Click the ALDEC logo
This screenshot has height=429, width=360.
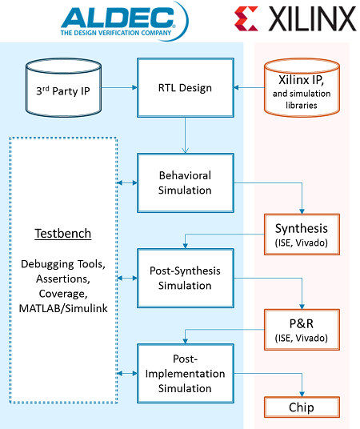[125, 21]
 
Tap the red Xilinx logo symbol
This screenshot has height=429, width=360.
[246, 19]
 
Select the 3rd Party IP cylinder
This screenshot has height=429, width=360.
[63, 87]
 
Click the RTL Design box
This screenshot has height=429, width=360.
[186, 88]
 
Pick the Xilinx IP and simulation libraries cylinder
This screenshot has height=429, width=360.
[302, 87]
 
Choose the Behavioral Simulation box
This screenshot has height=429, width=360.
[186, 182]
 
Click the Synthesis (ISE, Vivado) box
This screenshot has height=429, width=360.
[302, 235]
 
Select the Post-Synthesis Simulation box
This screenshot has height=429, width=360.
[186, 278]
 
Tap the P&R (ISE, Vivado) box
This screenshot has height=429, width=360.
[302, 330]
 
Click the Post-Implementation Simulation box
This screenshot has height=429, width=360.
[186, 374]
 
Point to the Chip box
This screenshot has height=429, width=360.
[302, 407]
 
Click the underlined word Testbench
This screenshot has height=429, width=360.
[63, 234]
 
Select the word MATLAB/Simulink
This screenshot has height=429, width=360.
[63, 309]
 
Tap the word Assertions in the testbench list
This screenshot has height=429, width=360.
[63, 279]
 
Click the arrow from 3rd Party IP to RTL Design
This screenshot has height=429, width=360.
[119, 87]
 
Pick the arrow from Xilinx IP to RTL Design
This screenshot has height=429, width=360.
[250, 87]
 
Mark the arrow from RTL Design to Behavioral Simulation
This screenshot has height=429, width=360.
[185, 135]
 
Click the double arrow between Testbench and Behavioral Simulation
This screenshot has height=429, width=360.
[127, 182]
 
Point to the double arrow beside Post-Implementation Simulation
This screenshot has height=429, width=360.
[127, 373]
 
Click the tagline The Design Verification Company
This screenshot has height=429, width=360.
[116, 33]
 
